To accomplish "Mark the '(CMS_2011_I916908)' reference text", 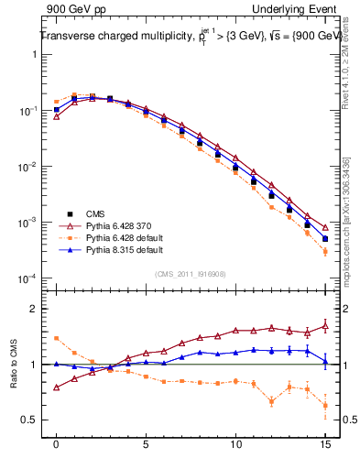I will [191, 272].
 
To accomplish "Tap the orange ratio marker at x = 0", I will [57, 338].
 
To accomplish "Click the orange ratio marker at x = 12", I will [271, 401].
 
